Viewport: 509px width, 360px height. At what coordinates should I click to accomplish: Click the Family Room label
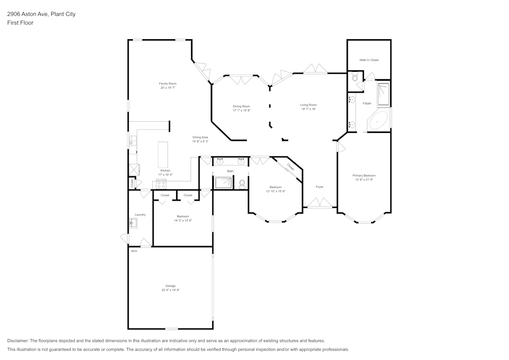pyautogui.click(x=167, y=84)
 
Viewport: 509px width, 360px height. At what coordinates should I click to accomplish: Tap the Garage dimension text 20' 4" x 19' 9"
pyautogui.click(x=171, y=290)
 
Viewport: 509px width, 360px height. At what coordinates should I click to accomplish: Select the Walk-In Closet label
pyautogui.click(x=369, y=60)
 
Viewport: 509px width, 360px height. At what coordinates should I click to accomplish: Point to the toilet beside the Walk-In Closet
pyautogui.click(x=355, y=77)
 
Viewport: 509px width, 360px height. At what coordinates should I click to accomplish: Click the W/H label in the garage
pyautogui.click(x=134, y=252)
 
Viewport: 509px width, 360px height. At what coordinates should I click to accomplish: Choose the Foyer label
pyautogui.click(x=320, y=187)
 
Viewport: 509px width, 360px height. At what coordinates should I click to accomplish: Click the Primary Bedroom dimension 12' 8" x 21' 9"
pyautogui.click(x=364, y=180)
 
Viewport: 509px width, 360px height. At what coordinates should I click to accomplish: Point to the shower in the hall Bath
pyautogui.click(x=223, y=182)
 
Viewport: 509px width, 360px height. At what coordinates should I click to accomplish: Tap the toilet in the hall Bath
pyautogui.click(x=242, y=183)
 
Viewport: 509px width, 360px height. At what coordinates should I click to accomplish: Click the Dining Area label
pyautogui.click(x=200, y=137)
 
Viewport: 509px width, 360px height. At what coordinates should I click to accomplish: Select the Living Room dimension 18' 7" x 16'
pyautogui.click(x=308, y=109)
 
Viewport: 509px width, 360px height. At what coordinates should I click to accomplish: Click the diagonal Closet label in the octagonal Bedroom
pyautogui.click(x=290, y=167)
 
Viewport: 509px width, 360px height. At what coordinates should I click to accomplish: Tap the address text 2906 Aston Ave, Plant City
pyautogui.click(x=41, y=14)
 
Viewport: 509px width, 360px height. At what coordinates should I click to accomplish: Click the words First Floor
pyautogui.click(x=20, y=23)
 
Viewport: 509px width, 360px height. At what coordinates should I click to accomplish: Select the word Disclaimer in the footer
pyautogui.click(x=18, y=341)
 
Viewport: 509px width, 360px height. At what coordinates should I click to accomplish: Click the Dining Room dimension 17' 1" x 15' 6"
pyautogui.click(x=242, y=110)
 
